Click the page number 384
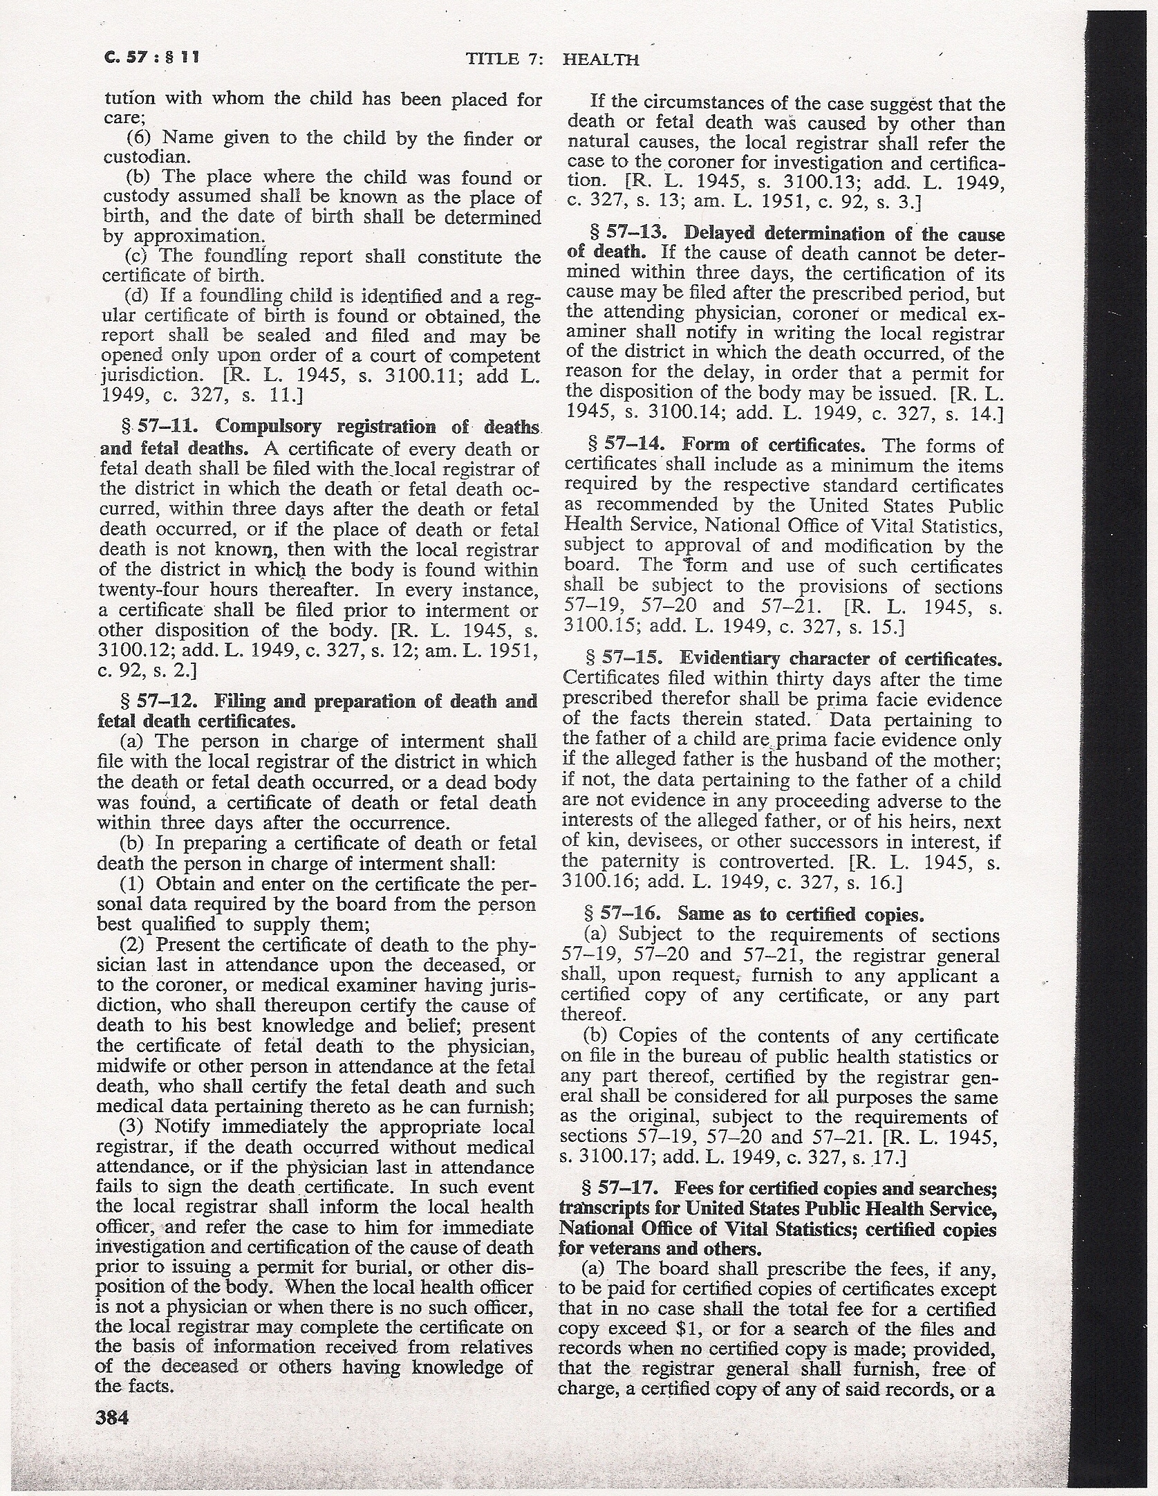pos(113,1417)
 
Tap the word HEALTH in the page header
pos(601,59)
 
